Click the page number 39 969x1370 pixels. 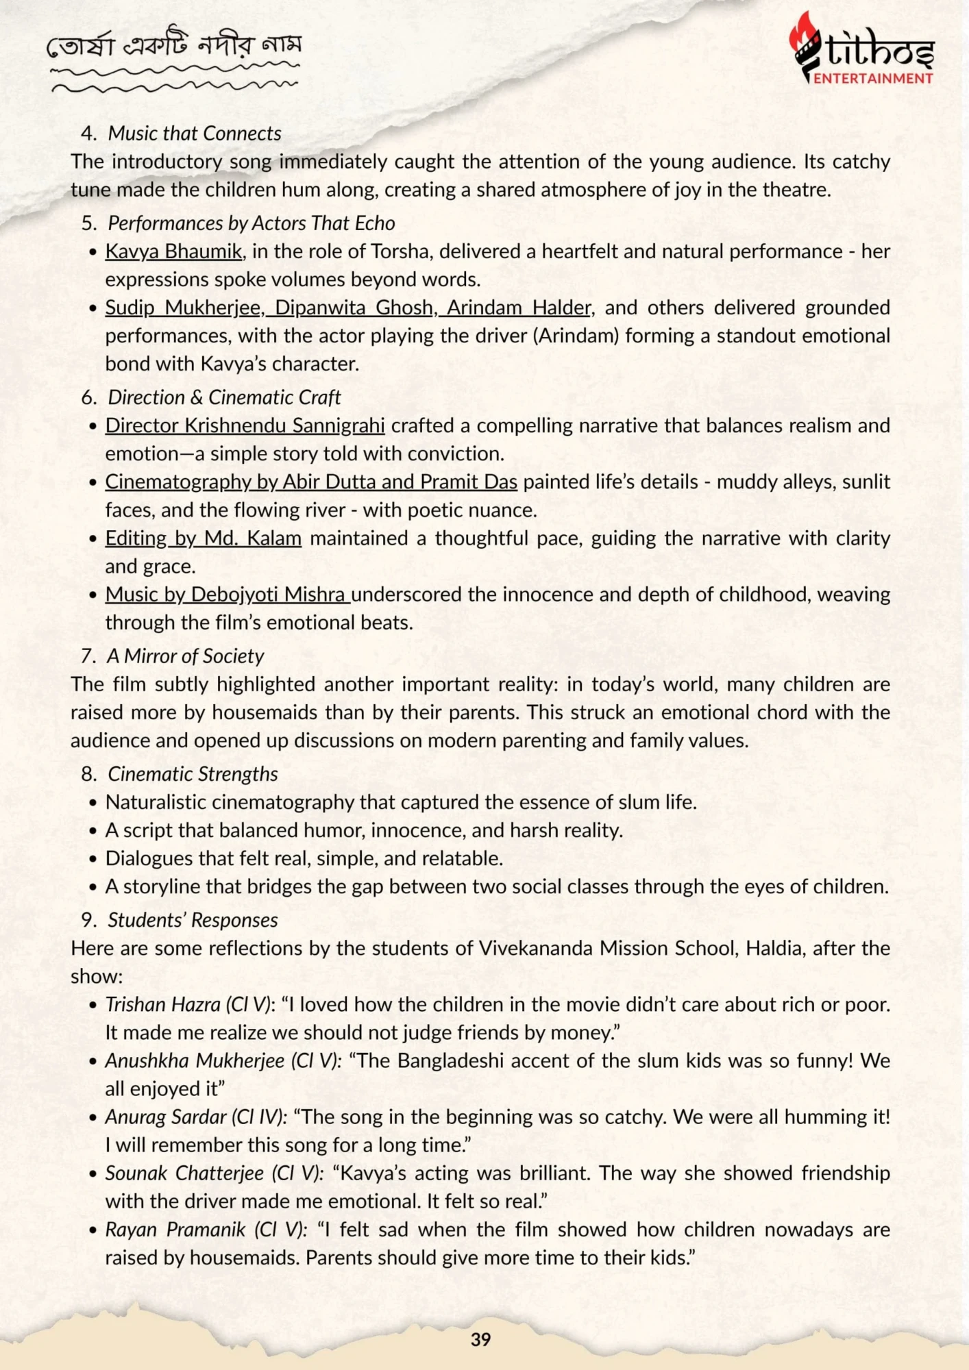[481, 1339]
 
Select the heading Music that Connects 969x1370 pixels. [195, 133]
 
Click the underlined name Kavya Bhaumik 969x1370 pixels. [173, 251]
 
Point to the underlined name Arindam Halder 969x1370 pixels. [518, 308]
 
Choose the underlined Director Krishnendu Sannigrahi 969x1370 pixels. [245, 425]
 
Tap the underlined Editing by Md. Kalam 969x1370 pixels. [203, 538]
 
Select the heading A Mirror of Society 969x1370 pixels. [185, 656]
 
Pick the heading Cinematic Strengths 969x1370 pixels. [193, 774]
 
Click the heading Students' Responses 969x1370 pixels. [193, 920]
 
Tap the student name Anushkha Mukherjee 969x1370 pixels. [195, 1061]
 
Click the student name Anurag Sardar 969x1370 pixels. [165, 1117]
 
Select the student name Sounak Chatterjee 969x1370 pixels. [184, 1173]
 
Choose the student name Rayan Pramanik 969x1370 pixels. [175, 1230]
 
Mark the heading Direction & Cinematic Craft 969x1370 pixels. [224, 397]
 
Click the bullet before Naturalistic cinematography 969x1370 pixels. [93, 803]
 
